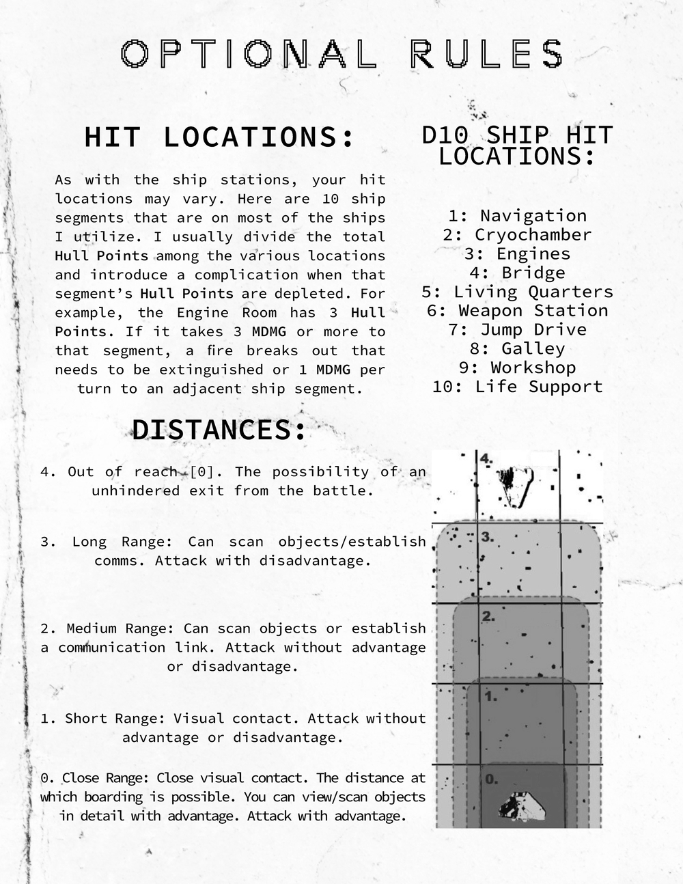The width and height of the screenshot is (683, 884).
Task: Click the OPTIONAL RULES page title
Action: [341, 54]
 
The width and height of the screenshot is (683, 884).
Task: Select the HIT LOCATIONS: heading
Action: [220, 137]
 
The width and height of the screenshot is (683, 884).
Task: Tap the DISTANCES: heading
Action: [219, 430]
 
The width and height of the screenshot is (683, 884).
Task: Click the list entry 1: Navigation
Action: [517, 216]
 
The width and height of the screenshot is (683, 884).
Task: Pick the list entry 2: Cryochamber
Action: [517, 235]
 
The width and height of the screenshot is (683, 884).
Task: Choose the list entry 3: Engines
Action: [517, 254]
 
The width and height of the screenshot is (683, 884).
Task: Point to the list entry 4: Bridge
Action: [517, 273]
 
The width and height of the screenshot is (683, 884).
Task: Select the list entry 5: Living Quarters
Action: [517, 292]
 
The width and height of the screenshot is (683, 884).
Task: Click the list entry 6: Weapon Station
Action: [517, 311]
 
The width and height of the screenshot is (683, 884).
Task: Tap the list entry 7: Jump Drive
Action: [517, 330]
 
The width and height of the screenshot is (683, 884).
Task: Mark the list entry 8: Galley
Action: [517, 349]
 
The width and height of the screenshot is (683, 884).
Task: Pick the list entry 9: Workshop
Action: [517, 368]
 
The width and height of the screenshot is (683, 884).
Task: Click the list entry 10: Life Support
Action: [517, 387]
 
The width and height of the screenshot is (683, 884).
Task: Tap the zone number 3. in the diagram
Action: [487, 537]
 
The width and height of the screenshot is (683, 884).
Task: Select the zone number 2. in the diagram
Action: [488, 616]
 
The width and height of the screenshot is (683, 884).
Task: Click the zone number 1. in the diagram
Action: [490, 696]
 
